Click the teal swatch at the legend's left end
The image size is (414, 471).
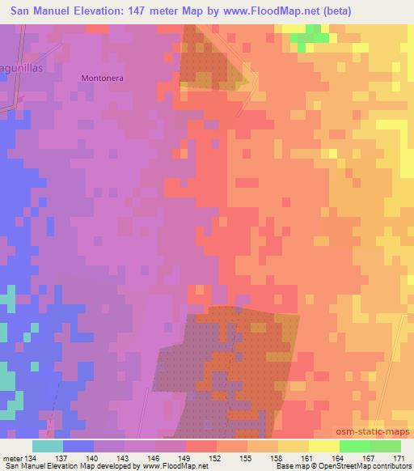48,446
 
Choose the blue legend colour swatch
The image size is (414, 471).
78,446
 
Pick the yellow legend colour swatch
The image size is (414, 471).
323,446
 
